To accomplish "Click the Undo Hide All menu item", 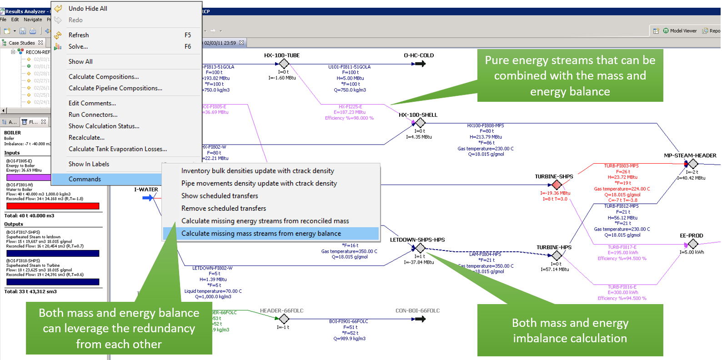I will coord(88,9).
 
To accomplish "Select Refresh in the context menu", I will coord(79,35).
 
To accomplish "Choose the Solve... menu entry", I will coord(78,46).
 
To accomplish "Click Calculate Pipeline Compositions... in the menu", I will coord(115,88).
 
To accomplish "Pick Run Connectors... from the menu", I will coord(93,115).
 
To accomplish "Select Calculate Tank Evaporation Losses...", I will coord(117,149).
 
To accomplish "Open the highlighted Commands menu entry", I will coord(85,179).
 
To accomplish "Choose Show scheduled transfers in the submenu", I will coord(220,196).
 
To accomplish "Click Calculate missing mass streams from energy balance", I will coord(261,234).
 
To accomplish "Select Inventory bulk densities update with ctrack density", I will coord(257,171).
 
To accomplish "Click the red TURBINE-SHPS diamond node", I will coord(556,185).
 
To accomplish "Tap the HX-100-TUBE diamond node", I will coord(284,64).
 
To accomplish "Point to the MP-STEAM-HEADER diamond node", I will coord(692,164).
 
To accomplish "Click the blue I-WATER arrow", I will coord(148,198).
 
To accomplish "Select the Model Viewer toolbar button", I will coord(680,31).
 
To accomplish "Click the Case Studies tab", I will coord(21,43).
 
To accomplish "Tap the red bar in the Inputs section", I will coord(52,206).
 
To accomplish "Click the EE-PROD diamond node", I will coord(692,244).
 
